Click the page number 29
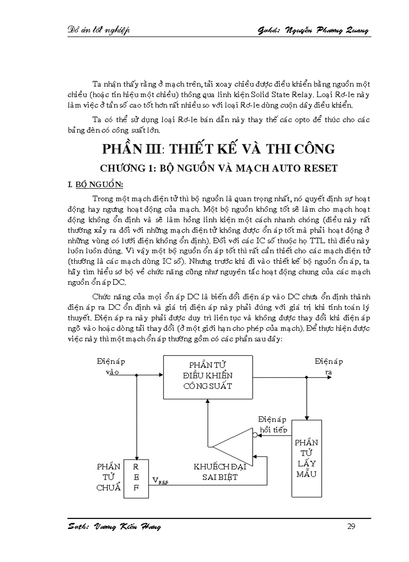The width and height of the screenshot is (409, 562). click(351, 526)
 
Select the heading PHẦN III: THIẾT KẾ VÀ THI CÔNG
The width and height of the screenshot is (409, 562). click(219, 149)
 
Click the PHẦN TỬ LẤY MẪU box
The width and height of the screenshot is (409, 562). click(306, 458)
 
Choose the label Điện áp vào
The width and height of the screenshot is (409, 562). click(111, 366)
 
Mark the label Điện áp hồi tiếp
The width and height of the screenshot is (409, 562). click(272, 424)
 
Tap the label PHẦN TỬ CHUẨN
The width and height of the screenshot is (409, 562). click(109, 477)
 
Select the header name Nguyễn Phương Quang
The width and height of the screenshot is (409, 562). click(327, 31)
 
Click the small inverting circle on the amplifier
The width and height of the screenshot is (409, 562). click(255, 435)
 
